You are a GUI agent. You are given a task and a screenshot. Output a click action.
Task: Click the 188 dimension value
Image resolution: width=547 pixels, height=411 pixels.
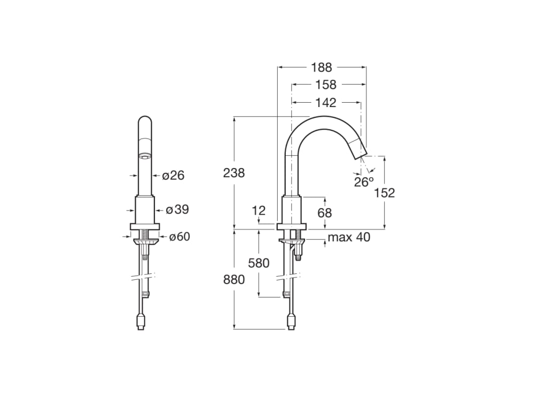322,67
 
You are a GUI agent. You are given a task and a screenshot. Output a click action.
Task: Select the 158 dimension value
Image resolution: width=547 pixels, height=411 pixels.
326,85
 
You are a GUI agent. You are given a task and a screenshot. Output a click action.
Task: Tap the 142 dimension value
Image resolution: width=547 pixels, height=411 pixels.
326,102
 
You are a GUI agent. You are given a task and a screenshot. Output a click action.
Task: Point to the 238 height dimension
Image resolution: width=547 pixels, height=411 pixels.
234,173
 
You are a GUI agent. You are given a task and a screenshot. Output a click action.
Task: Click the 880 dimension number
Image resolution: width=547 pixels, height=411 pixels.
234,279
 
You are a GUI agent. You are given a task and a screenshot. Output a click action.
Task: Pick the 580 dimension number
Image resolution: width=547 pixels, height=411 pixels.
259,263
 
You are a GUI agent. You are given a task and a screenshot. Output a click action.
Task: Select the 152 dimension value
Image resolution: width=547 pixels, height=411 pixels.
384,193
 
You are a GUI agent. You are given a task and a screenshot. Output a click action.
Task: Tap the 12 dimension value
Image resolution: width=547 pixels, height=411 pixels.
259,210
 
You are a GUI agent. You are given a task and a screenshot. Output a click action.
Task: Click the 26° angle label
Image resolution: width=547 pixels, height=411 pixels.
364,182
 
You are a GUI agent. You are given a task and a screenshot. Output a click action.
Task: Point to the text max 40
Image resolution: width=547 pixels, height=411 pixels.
348,237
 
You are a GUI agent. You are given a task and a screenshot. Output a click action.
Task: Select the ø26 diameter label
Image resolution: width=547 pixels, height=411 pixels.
173,175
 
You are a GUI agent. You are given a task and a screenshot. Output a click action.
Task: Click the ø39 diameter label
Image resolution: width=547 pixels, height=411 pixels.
177,209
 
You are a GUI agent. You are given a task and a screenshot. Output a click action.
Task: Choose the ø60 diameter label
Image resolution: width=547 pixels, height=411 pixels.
179,237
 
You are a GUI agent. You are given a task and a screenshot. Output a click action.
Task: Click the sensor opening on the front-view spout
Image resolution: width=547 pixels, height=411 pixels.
144,156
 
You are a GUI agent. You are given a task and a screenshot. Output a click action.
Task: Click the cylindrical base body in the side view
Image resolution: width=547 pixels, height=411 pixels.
292,210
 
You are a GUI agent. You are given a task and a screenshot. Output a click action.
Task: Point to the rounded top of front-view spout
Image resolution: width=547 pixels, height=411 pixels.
144,120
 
